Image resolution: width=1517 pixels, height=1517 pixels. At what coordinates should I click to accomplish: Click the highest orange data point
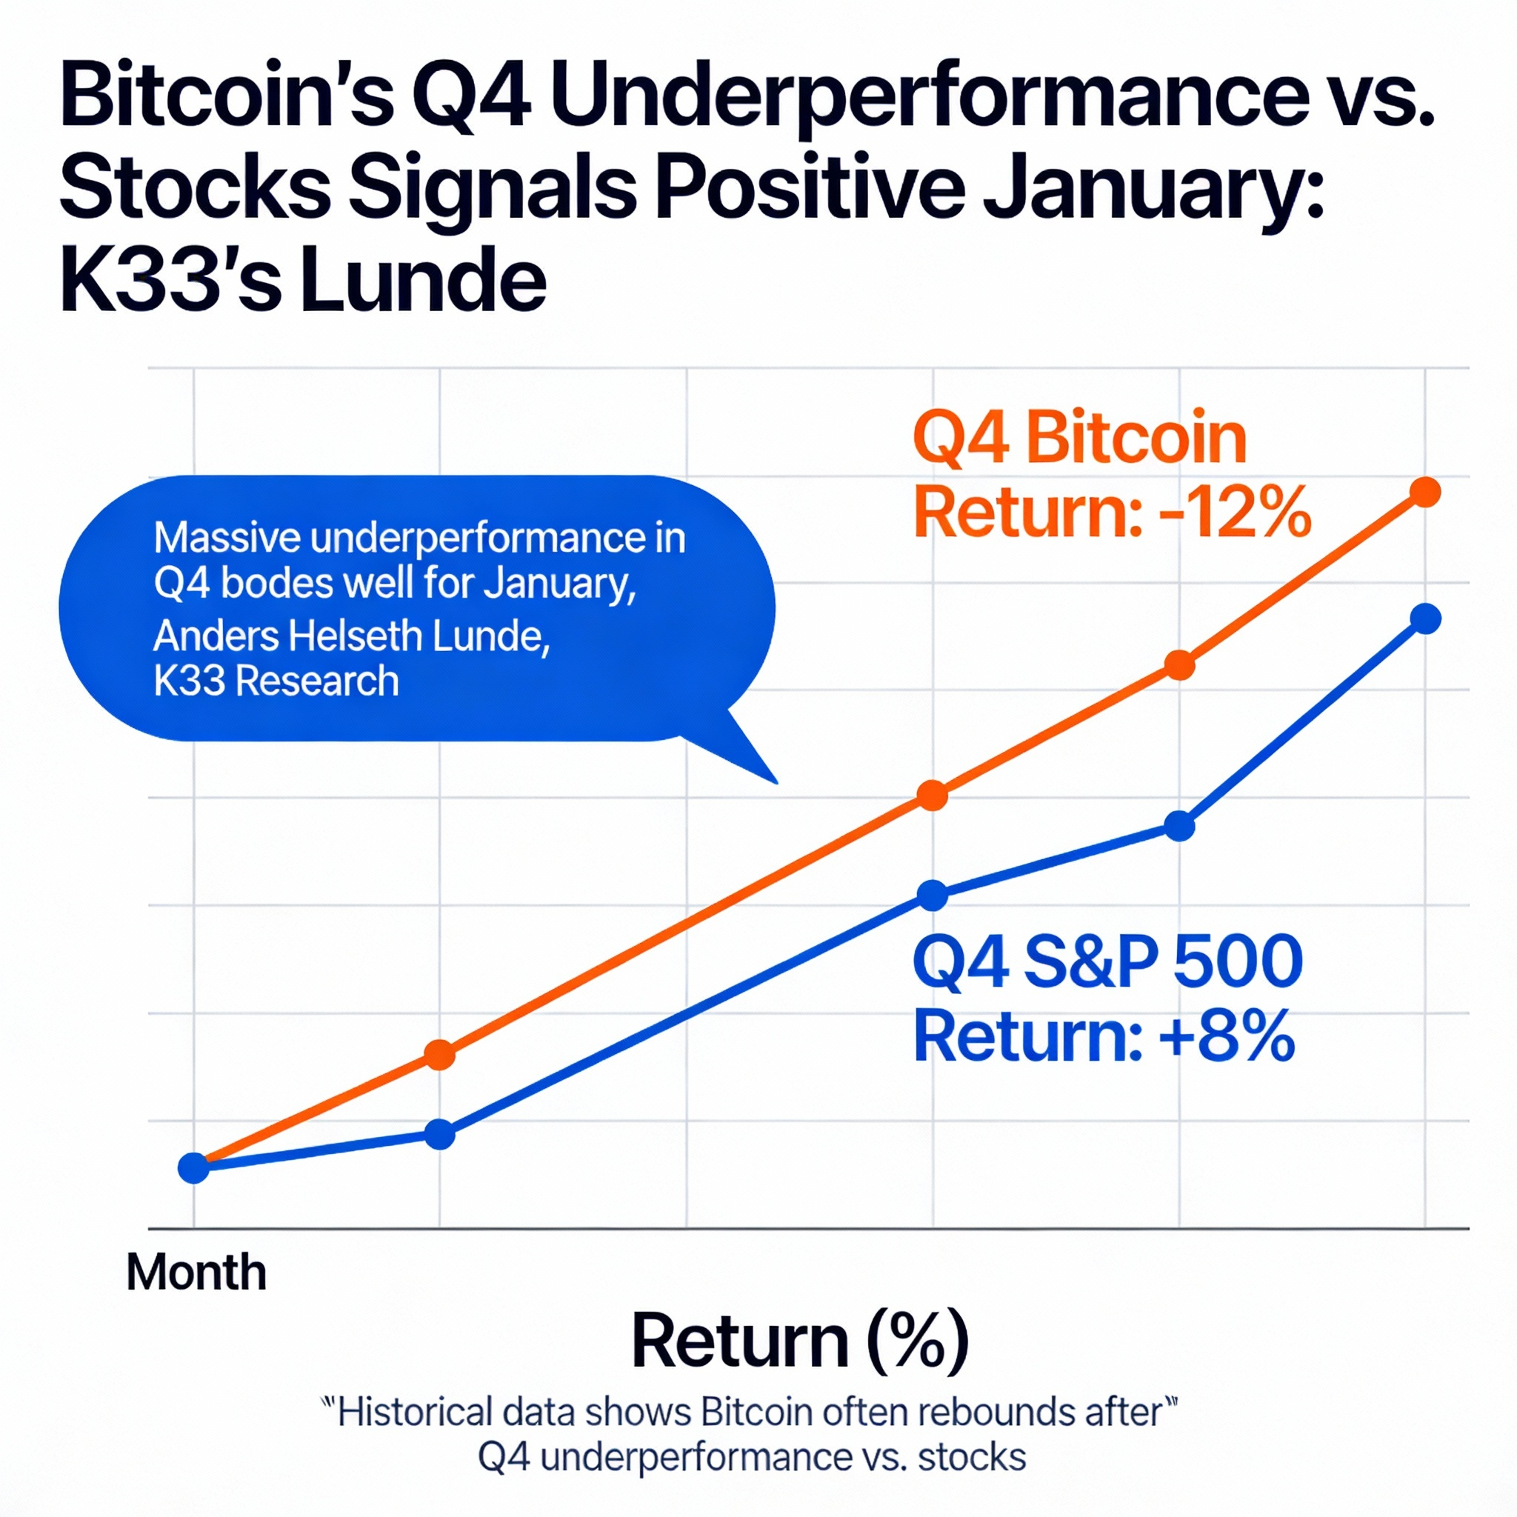[1425, 493]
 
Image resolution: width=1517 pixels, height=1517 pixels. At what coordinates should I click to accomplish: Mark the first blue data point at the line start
[194, 1167]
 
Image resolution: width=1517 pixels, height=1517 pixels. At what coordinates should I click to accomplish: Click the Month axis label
[196, 1271]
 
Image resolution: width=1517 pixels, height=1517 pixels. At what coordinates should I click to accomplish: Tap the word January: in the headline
[1154, 189]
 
